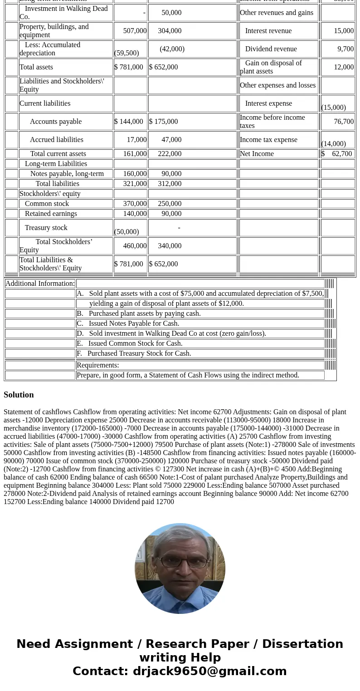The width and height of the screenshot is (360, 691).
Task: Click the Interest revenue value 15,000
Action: [344, 31]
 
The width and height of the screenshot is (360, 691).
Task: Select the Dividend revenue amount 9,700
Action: [345, 49]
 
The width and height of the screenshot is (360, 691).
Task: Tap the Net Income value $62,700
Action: [337, 154]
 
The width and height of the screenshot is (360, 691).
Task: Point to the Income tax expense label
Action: [268, 140]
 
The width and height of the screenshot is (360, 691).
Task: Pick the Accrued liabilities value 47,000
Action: [171, 140]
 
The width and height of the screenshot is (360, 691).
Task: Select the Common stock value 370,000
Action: [135, 204]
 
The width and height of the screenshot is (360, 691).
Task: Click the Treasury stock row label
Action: [46, 228]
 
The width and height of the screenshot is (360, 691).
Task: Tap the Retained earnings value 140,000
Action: [135, 214]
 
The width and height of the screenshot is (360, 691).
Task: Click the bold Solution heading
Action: [19, 395]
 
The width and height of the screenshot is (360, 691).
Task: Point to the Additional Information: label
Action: [40, 284]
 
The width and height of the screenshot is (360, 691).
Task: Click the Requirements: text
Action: [98, 365]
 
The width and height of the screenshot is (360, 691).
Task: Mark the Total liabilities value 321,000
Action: [135, 184]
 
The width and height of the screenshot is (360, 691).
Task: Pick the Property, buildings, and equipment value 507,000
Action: [135, 31]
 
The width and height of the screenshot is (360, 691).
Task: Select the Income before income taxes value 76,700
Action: [344, 122]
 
